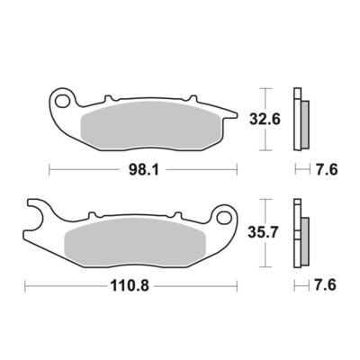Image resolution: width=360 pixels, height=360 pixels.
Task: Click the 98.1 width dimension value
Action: [x=143, y=170]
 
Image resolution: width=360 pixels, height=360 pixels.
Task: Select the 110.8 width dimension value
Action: [x=130, y=285]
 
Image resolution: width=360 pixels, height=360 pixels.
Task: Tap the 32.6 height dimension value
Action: [x=265, y=120]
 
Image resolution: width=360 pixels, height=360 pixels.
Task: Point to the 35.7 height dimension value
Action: [x=264, y=232]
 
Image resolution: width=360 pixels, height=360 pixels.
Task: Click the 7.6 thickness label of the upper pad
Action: [x=326, y=170]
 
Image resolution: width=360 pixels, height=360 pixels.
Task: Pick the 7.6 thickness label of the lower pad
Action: [x=325, y=285]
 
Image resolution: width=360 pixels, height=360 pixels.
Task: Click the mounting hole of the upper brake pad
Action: [x=62, y=101]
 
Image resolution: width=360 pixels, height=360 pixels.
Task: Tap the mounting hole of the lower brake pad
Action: [x=224, y=217]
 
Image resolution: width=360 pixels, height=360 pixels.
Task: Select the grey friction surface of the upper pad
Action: [x=151, y=125]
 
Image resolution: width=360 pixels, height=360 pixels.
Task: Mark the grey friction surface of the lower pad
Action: [x=135, y=242]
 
